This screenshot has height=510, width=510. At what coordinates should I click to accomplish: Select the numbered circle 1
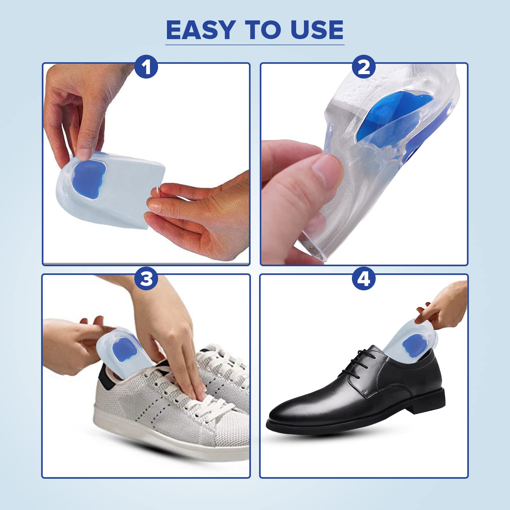click(x=146, y=67)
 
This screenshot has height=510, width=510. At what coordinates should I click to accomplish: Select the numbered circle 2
click(x=363, y=67)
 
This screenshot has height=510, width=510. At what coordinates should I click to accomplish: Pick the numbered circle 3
click(x=146, y=279)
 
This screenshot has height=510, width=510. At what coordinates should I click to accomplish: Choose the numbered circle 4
click(x=363, y=279)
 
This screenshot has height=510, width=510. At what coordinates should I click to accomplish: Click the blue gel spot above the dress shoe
click(x=415, y=345)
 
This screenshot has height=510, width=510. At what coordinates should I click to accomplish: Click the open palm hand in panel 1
click(x=201, y=214)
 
